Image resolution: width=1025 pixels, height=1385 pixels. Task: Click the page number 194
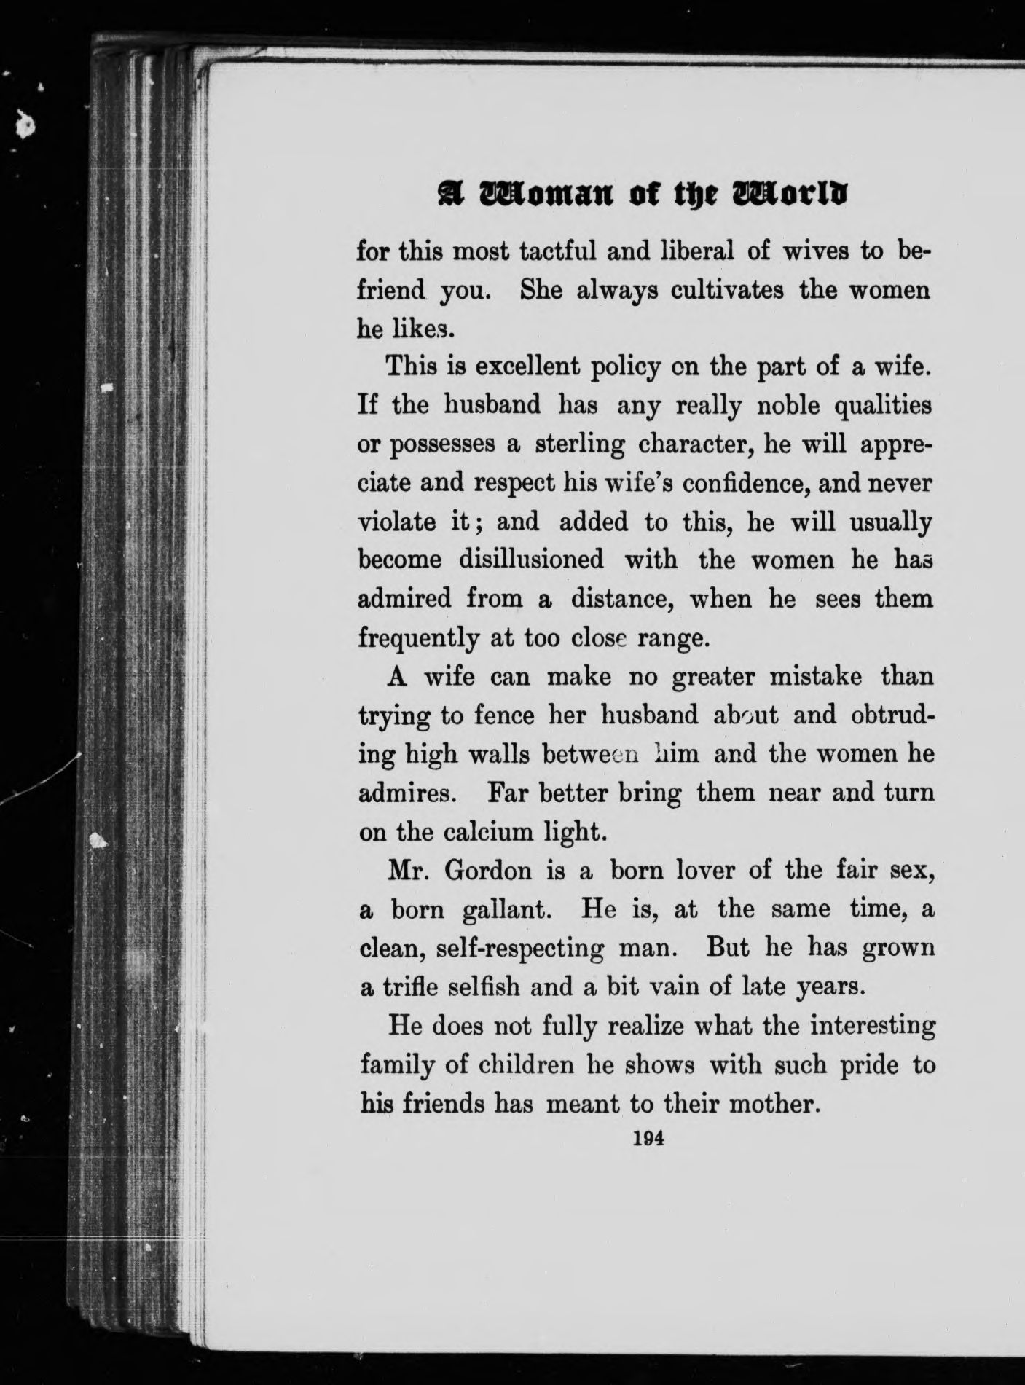(x=646, y=1139)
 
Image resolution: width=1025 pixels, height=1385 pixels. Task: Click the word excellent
(x=518, y=366)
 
